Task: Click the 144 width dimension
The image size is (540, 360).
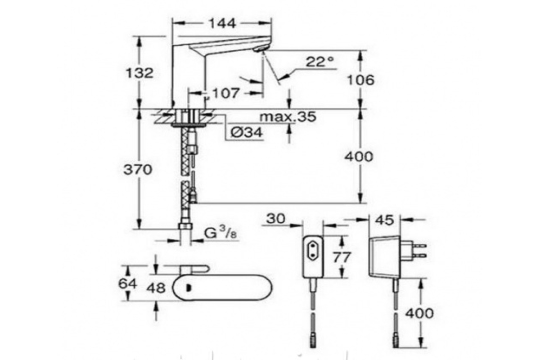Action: point(222,24)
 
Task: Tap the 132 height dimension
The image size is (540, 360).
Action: point(139,73)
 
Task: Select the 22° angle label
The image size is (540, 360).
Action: point(320,62)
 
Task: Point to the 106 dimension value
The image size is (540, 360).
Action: point(361,80)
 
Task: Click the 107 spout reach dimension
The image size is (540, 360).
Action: point(226,93)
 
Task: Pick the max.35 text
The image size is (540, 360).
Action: point(288,117)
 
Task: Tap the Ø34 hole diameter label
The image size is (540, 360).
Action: point(247,132)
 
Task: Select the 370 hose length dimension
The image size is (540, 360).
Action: point(138,170)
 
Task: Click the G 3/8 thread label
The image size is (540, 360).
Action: point(220,233)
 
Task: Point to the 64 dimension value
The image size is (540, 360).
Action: point(127,284)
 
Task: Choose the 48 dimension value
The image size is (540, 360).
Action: point(156,288)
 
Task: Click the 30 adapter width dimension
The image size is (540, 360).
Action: point(276,219)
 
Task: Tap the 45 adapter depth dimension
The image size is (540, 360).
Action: point(385,220)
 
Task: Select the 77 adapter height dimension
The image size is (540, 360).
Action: point(342,257)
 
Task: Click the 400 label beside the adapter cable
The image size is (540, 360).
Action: point(419,314)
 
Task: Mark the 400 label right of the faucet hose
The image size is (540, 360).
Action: point(359,157)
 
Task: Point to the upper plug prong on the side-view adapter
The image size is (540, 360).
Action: point(420,246)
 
